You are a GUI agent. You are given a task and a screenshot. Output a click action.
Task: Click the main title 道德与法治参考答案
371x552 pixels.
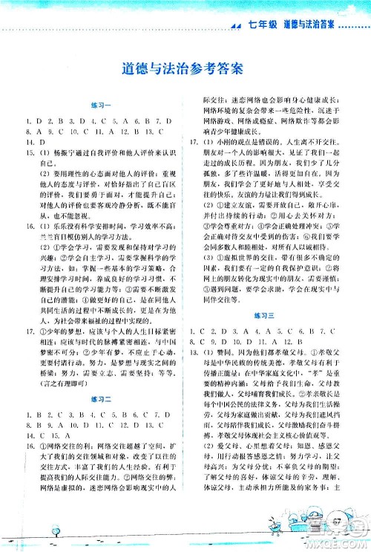click(x=185, y=70)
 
